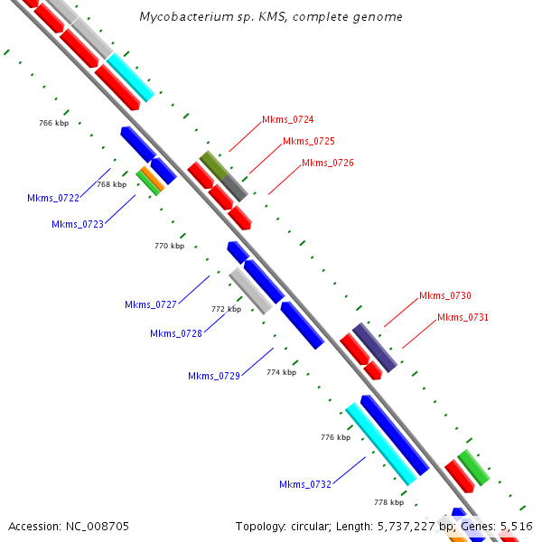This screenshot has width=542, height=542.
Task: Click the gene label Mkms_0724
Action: click(x=287, y=119)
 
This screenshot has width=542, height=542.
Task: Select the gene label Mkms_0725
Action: click(x=308, y=141)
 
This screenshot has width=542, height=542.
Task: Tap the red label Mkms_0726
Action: click(x=327, y=163)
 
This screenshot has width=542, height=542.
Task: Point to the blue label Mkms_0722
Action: click(x=52, y=198)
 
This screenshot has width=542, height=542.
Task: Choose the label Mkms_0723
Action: click(x=77, y=224)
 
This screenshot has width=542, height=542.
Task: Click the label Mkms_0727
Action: click(x=150, y=304)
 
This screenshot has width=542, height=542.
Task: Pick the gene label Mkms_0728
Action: click(x=175, y=333)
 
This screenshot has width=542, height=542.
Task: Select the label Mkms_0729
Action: click(x=213, y=376)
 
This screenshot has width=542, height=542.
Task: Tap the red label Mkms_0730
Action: click(x=444, y=295)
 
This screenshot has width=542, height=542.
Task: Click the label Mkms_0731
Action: click(x=463, y=317)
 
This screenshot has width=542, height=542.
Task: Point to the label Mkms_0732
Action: click(x=304, y=484)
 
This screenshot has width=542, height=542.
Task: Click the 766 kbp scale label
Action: click(x=54, y=123)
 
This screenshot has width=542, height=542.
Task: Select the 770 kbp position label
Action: click(x=169, y=246)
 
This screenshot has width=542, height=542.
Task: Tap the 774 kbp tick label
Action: click(x=281, y=371)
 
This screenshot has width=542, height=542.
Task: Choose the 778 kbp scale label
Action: click(x=388, y=502)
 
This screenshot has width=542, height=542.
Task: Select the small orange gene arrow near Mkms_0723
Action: click(x=153, y=179)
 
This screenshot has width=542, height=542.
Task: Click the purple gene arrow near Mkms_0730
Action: click(x=374, y=347)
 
